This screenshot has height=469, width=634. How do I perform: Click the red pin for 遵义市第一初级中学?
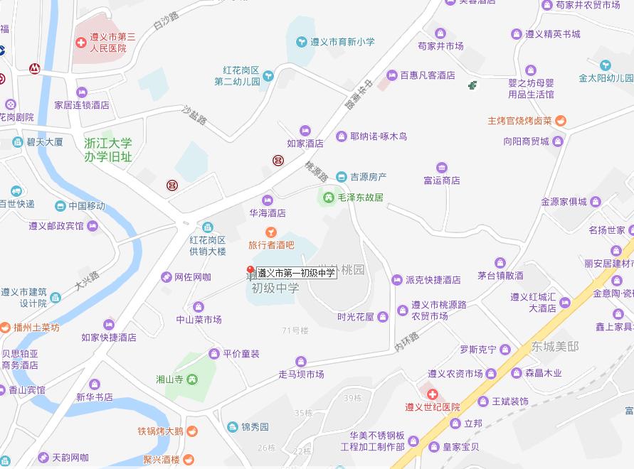pos(250,270)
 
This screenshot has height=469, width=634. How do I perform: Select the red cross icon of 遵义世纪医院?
pos(432,394)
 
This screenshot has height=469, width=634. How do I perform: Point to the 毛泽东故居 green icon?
pos(329,197)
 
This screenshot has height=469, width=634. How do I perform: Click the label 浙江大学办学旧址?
pos(107,150)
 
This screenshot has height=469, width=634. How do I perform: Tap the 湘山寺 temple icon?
pos(191,379)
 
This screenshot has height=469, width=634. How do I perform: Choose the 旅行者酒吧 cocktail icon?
pos(270,232)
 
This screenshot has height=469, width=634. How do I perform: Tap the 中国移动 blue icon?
pos(61,206)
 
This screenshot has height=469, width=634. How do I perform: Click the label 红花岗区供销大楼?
pos(207,245)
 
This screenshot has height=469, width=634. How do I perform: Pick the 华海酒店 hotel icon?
pos(268,200)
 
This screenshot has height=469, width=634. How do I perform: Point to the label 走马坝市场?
pos(301,374)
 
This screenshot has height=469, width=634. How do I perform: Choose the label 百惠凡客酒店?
pos(427,75)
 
